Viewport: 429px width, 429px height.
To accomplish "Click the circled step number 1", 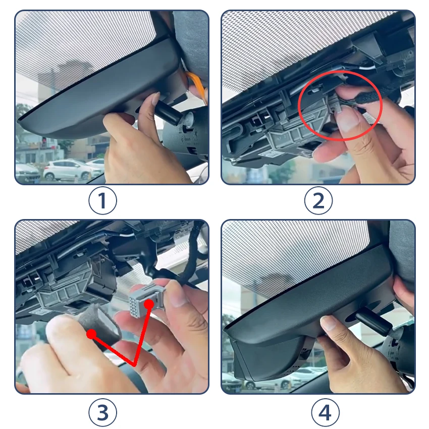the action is point(102,200).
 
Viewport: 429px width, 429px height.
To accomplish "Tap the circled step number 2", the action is point(318,200).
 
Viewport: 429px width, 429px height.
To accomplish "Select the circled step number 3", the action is point(102,412).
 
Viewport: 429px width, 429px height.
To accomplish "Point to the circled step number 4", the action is point(326,412).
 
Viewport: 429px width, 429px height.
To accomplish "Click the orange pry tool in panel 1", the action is point(197,85).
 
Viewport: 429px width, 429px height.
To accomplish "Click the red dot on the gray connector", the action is point(149,304).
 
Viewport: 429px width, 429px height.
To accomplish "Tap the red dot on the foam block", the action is point(91,334).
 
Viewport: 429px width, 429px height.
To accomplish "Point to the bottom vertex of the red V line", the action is point(134,365).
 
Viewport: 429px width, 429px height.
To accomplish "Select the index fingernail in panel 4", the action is point(329,323).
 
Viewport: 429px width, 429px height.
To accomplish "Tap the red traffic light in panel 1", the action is point(44,140).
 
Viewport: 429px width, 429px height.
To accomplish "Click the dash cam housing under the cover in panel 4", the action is point(271,358).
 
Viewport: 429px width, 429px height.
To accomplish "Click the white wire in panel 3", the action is point(128,235).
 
